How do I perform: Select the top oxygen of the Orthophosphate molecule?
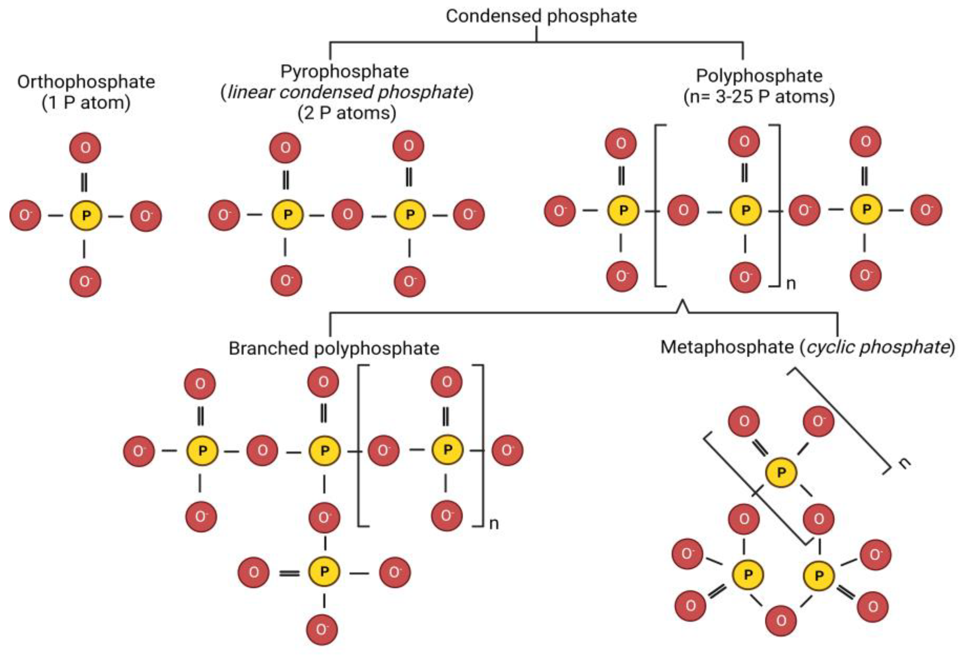point(85,148)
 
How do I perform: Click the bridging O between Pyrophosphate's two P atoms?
point(348,214)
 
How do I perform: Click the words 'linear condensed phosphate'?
point(348,92)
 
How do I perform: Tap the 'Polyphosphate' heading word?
point(759,76)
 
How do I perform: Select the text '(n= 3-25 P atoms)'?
point(759,97)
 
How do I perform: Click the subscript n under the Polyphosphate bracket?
point(791,284)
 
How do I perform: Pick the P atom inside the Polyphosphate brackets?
point(745,210)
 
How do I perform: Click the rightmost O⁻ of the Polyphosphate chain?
point(926,210)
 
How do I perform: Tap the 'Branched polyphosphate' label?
point(334,348)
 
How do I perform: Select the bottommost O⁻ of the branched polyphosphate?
point(322,629)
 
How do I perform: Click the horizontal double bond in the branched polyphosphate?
point(289,573)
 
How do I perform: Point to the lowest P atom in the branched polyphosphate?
point(324,572)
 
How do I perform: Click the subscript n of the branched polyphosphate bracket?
point(494,524)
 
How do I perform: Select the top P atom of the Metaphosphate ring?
point(781,473)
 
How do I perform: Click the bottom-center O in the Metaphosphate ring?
point(781,621)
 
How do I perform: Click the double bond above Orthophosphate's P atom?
point(84,182)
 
